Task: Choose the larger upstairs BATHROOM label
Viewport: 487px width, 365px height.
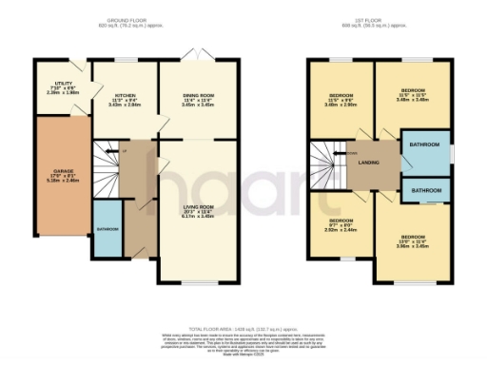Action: click(424, 144)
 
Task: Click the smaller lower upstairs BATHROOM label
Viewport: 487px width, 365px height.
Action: click(424, 188)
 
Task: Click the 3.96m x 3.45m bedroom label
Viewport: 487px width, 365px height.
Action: click(412, 240)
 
